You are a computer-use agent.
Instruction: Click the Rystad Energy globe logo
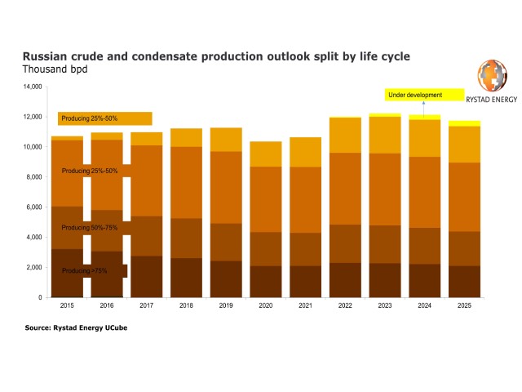point(493,75)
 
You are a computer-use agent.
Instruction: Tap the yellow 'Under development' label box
point(424,95)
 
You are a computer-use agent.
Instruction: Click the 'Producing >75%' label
point(85,270)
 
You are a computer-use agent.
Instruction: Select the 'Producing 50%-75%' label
point(90,228)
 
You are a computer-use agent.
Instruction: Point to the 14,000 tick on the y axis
point(33,87)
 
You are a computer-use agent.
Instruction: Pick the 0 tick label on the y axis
point(40,297)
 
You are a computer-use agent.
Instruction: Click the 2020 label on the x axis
point(266,305)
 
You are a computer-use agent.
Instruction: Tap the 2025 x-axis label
point(464,305)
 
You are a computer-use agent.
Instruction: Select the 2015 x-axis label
point(67,305)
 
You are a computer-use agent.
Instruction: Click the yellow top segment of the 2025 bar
point(464,123)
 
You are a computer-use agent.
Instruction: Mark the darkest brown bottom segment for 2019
point(226,279)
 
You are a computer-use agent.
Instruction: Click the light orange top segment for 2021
point(305,152)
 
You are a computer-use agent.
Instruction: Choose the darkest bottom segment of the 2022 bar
point(345,280)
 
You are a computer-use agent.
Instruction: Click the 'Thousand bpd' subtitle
point(55,69)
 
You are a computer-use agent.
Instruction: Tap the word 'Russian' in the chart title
point(45,56)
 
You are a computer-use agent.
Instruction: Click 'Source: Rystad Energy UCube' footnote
point(76,327)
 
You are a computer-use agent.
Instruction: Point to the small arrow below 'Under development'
point(423,109)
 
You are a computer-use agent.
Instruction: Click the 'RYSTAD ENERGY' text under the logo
point(491,100)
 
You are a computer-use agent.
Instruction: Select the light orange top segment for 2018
point(186,138)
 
